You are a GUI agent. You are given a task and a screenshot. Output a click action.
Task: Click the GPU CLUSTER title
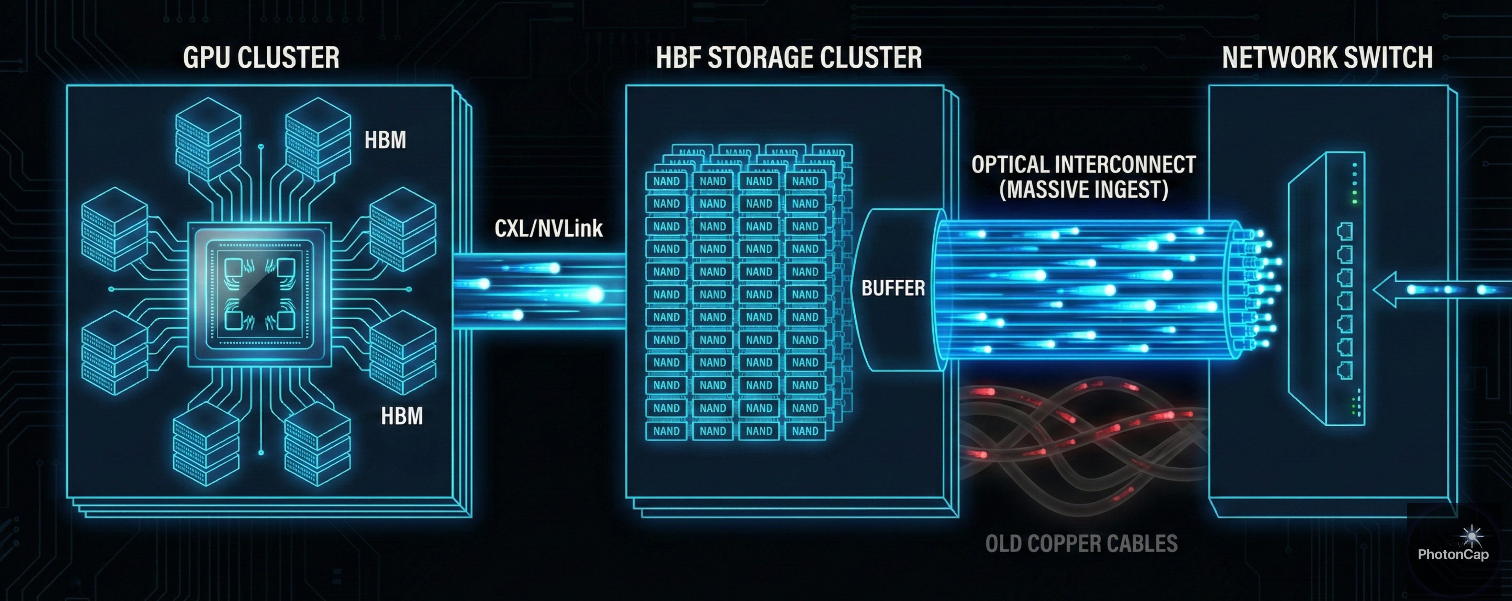(261, 57)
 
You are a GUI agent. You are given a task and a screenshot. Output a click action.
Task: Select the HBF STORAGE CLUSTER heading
(788, 57)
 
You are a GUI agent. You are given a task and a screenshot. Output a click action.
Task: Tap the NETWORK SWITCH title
(1327, 57)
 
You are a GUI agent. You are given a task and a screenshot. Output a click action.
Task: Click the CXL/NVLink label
(548, 228)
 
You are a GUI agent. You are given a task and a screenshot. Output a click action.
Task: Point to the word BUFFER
(893, 288)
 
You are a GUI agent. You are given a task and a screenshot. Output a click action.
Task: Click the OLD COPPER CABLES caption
(1081, 544)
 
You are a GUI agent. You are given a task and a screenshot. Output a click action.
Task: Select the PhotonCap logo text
(1453, 554)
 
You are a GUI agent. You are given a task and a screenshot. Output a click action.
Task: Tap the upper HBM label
(385, 140)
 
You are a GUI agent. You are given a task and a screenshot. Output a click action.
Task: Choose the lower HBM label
(401, 416)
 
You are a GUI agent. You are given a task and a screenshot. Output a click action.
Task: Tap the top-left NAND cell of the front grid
(666, 181)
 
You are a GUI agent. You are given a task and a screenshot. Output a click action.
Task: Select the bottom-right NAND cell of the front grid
(805, 431)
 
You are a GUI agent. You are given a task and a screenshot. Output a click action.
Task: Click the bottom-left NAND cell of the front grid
(666, 431)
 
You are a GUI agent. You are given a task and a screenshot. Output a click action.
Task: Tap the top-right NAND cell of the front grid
(805, 181)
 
